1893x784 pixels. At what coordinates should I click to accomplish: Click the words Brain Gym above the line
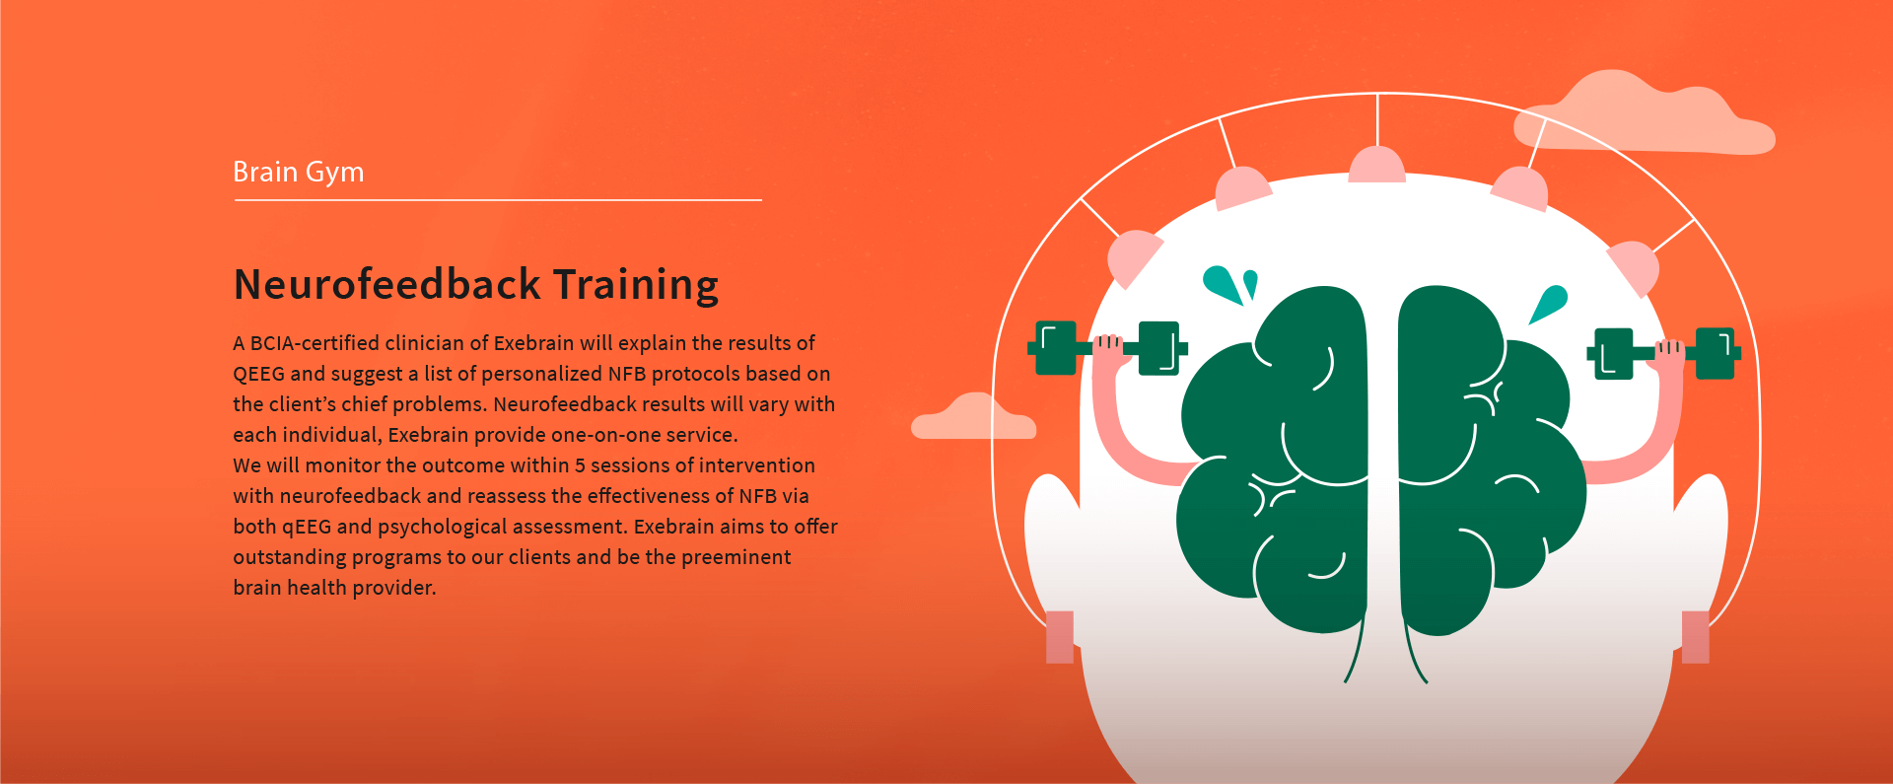coord(298,173)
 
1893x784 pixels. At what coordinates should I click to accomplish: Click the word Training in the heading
coord(635,286)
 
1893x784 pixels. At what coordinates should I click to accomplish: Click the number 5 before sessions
coord(580,465)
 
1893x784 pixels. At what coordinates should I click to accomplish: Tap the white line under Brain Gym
coord(498,200)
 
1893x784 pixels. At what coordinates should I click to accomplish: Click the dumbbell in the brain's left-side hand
coord(1107,348)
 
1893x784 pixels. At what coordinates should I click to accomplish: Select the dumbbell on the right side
coord(1664,353)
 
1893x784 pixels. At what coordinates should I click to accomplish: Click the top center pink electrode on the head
coord(1377,165)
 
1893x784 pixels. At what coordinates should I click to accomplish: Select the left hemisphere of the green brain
coord(1274,459)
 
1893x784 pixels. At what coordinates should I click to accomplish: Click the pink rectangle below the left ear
coord(1060,637)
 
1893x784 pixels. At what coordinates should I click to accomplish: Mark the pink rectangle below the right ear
coord(1695,637)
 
